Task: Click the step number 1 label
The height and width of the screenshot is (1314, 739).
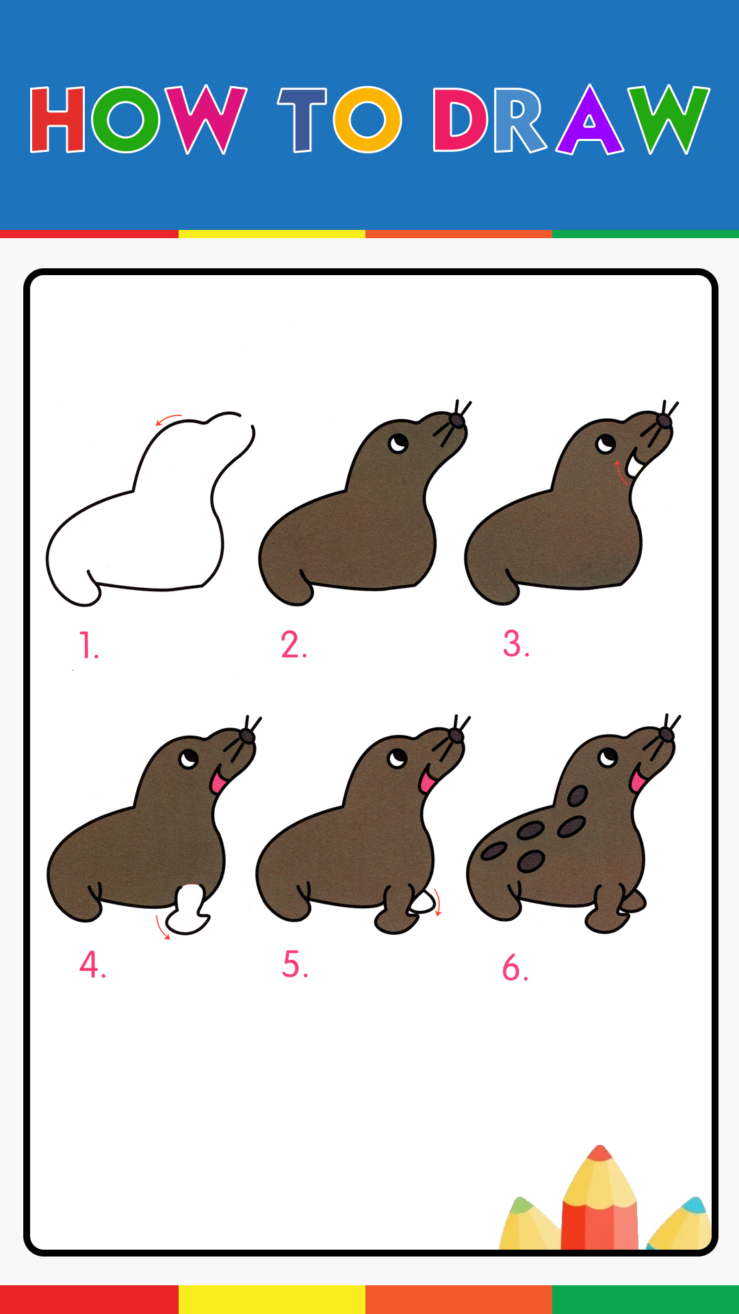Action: pyautogui.click(x=89, y=645)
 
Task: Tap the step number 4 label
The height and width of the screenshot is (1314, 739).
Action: pyautogui.click(x=93, y=965)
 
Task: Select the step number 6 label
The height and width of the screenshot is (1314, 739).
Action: pyautogui.click(x=515, y=968)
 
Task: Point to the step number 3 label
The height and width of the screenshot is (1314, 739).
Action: pyautogui.click(x=517, y=644)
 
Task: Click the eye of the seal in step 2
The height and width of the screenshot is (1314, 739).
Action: pyautogui.click(x=398, y=443)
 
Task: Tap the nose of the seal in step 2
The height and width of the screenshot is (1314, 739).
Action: pyautogui.click(x=456, y=420)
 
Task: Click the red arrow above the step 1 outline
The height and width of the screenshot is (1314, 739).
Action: pyautogui.click(x=168, y=419)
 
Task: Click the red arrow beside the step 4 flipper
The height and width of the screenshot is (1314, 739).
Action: pyautogui.click(x=161, y=928)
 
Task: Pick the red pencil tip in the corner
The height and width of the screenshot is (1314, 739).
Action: pyautogui.click(x=600, y=1153)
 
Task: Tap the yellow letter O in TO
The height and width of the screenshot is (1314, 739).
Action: pyautogui.click(x=367, y=120)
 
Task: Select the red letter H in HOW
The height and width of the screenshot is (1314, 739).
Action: pyautogui.click(x=57, y=120)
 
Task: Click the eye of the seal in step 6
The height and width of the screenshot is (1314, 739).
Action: pyautogui.click(x=608, y=758)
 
